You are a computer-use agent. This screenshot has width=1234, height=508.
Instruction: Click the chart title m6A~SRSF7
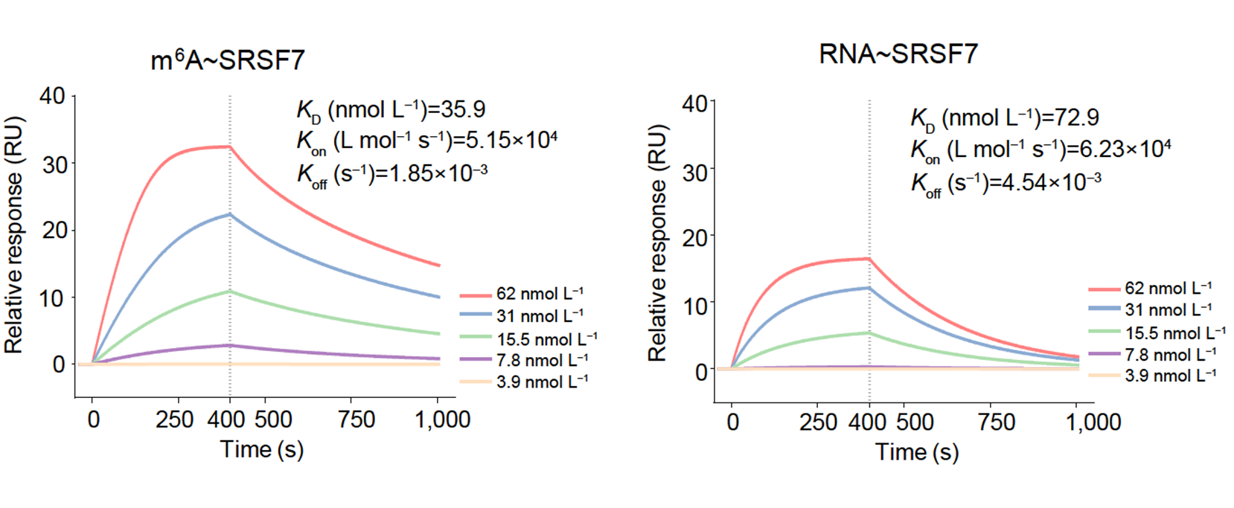click(227, 60)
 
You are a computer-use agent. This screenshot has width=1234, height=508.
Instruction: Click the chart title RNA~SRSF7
click(898, 54)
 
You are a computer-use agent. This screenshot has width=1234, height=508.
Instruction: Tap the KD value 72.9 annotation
click(1005, 118)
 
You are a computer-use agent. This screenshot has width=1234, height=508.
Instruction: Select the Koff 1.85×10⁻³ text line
click(392, 174)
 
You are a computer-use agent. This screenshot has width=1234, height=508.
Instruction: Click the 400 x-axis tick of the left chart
click(226, 419)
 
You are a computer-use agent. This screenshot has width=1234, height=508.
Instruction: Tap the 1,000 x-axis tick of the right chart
click(1093, 422)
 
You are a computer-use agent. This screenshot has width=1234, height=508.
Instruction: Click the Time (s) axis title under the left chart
click(262, 449)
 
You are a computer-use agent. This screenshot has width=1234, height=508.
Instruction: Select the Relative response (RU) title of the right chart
click(657, 243)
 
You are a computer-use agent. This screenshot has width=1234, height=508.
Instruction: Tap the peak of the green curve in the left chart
click(229, 291)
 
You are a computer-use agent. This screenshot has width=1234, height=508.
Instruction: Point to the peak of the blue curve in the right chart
click(869, 288)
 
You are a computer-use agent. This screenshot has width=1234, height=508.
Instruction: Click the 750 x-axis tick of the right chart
click(997, 422)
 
